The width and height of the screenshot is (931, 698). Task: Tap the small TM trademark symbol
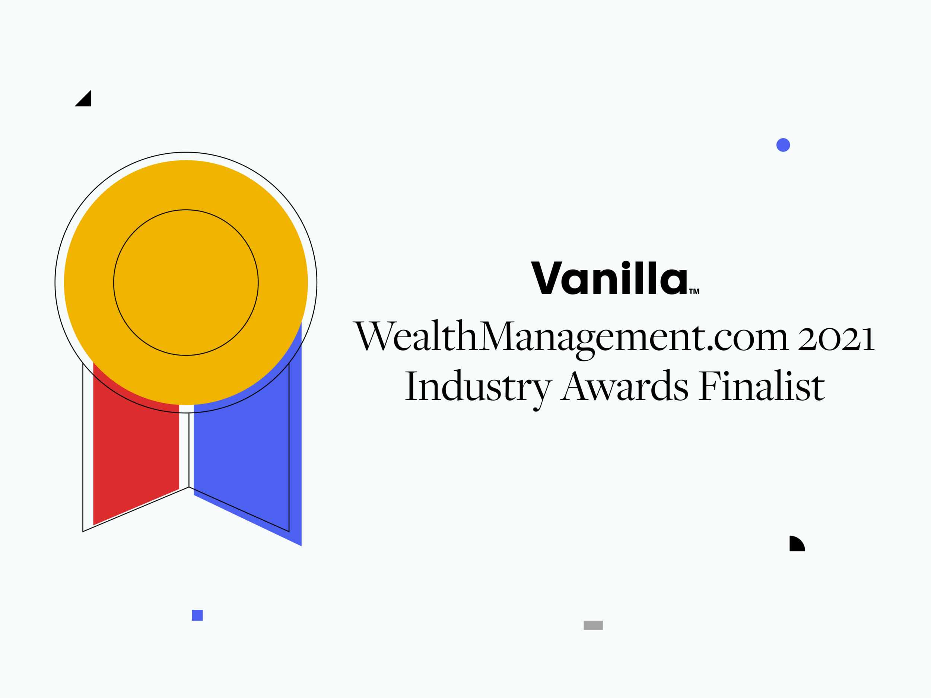click(x=695, y=291)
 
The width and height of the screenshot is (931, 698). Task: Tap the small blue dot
click(x=783, y=145)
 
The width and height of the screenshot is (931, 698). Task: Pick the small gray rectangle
click(x=593, y=625)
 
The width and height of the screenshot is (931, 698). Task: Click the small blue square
click(x=197, y=615)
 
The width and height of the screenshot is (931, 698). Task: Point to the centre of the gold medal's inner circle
click(x=186, y=283)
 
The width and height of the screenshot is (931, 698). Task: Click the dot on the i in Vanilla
click(x=626, y=265)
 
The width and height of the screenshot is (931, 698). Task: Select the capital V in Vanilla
click(x=546, y=278)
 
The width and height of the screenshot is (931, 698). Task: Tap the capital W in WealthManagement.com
click(x=374, y=336)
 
